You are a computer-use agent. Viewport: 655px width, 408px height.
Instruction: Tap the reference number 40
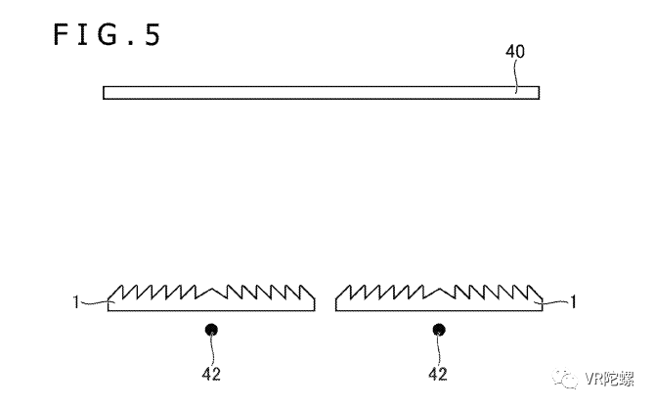coord(514,52)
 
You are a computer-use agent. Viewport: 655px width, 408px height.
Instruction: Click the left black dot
coord(209,330)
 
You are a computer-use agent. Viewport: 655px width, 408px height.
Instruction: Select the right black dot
coord(438,330)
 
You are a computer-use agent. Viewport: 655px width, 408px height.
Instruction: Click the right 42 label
coord(438,373)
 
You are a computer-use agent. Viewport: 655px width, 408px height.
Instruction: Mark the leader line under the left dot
coord(209,350)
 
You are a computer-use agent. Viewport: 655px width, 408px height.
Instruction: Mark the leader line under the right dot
coord(438,350)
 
